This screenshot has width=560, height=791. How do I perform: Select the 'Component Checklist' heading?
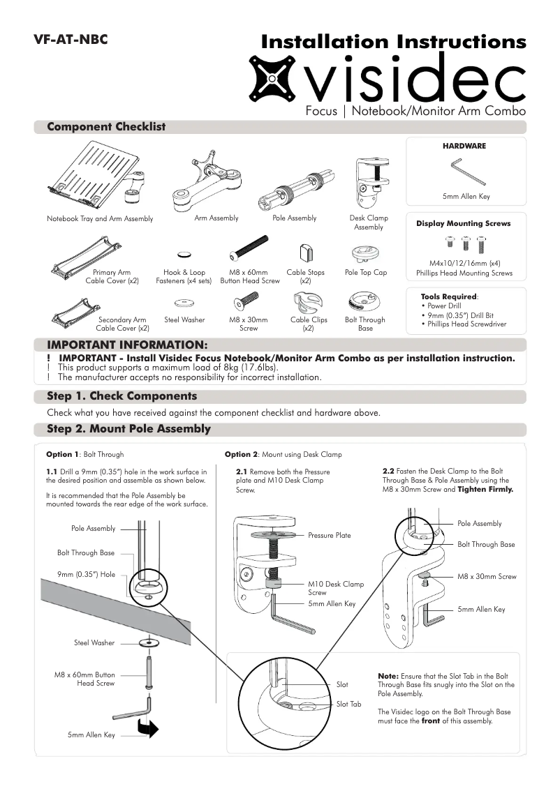pos(106,127)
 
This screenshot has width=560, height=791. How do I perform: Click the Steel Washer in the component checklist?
pos(184,302)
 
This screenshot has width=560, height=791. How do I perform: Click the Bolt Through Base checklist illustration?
pos(364,301)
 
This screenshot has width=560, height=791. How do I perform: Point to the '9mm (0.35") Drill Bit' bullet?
pos(461,315)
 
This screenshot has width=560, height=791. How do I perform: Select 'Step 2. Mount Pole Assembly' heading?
pos(128,428)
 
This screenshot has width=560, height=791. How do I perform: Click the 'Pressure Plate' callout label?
pos(330,536)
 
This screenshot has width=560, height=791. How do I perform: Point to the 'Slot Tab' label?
pos(349,705)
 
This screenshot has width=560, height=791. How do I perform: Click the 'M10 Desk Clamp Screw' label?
pos(335,588)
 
